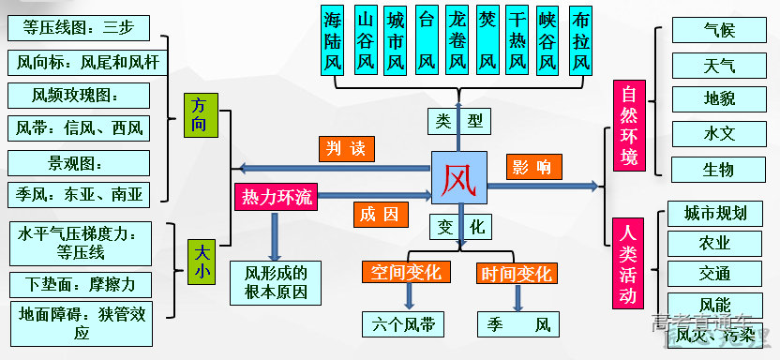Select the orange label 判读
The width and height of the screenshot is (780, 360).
(x=347, y=148)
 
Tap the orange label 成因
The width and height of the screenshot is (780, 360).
(x=380, y=214)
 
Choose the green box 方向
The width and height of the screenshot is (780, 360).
(x=199, y=114)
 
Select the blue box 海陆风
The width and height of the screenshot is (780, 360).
(x=335, y=41)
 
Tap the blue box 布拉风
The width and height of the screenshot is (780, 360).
(x=580, y=41)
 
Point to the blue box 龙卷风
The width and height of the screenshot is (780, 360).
(x=457, y=41)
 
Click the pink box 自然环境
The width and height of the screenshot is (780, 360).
(x=629, y=126)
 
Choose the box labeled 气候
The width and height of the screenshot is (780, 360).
(x=718, y=30)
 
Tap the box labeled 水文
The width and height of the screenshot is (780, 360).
(x=718, y=133)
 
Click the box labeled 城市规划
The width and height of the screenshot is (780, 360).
(x=715, y=213)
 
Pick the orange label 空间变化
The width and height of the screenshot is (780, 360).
(x=407, y=273)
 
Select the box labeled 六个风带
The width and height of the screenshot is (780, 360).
(x=404, y=325)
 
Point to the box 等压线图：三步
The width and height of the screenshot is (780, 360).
(x=76, y=27)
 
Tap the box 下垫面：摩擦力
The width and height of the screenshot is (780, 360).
(x=78, y=283)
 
